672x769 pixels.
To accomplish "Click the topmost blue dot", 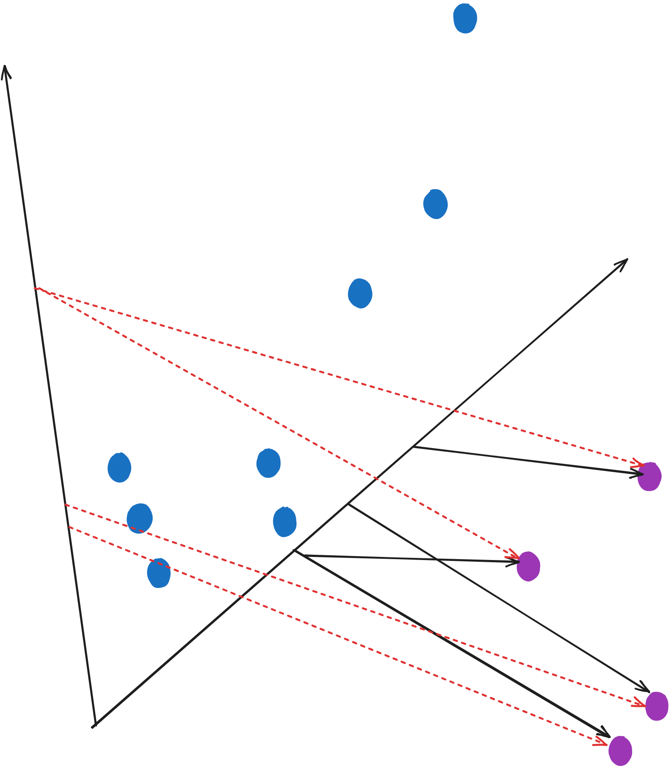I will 465,18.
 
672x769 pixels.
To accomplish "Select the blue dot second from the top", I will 435,204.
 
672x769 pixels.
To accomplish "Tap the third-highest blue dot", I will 360,293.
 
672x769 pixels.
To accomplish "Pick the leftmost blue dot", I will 119,467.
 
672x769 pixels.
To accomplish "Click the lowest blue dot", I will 159,573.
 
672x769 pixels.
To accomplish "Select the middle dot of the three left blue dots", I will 139,518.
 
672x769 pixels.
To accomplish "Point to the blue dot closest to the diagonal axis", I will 285,522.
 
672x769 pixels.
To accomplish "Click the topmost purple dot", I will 649,477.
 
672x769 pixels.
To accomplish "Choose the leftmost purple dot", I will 528,566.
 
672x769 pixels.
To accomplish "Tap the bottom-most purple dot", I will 620,751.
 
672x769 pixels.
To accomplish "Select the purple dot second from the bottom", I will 657,706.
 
